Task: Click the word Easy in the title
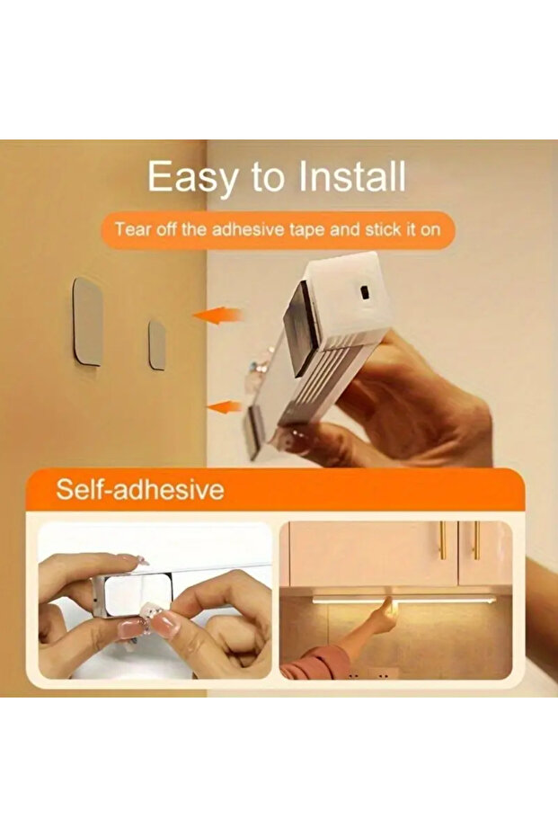click(x=192, y=177)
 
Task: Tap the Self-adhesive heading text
click(x=140, y=489)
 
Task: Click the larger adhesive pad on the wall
click(x=87, y=321)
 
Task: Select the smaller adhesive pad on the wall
click(x=157, y=345)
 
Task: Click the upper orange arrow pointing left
click(x=217, y=315)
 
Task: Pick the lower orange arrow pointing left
click(x=224, y=406)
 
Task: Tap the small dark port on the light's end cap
click(x=365, y=293)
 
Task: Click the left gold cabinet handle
click(x=442, y=540)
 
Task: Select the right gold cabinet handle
click(x=476, y=540)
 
